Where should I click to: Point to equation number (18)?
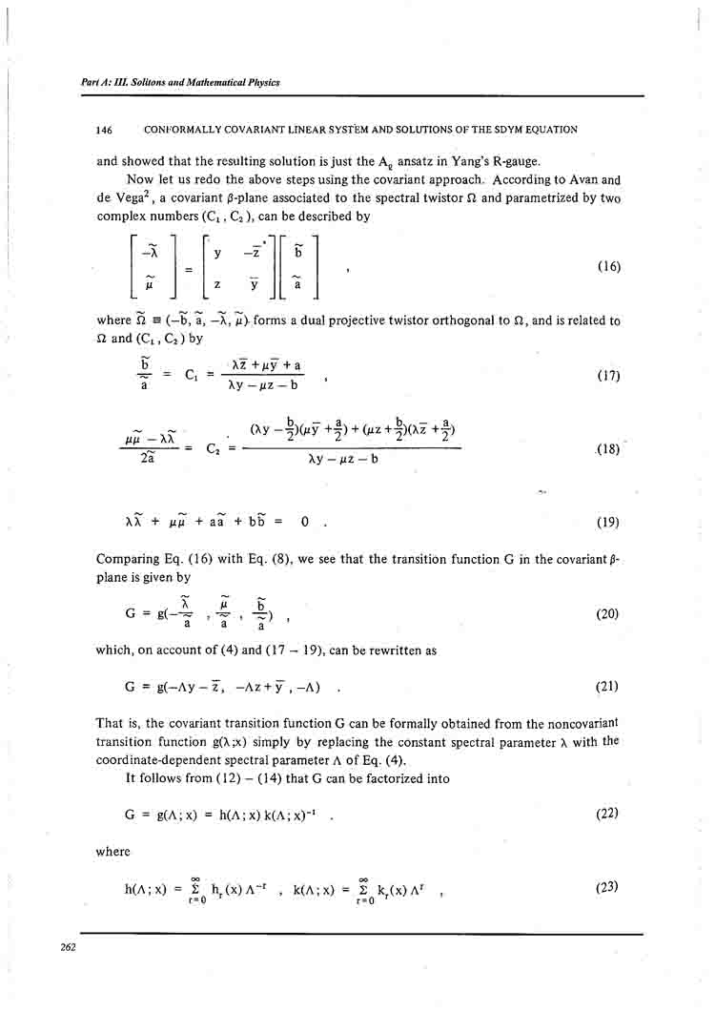(607, 449)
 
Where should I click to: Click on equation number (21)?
(607, 686)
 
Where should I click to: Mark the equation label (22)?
(606, 813)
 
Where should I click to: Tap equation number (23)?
(606, 887)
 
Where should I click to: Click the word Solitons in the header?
(139, 83)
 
